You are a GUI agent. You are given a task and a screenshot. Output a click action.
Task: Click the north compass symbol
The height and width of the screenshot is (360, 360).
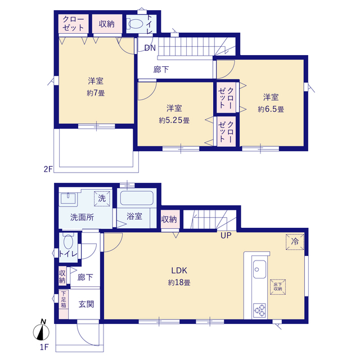tap(41, 330)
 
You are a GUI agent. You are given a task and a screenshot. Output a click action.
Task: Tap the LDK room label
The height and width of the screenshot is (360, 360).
tap(179, 271)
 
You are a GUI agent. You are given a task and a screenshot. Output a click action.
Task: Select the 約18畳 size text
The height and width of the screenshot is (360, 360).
tap(179, 282)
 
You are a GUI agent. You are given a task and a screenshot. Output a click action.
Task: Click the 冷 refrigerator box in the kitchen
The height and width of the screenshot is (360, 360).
tap(295, 242)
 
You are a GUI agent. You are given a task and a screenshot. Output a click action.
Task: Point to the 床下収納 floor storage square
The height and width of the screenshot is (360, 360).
tap(278, 287)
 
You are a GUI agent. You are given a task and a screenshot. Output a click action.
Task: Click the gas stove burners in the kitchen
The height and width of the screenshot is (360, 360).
tap(260, 310)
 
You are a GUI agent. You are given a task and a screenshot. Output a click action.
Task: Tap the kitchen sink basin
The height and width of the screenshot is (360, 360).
tap(260, 269)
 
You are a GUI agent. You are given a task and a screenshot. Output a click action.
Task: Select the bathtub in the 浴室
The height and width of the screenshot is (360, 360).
tap(137, 198)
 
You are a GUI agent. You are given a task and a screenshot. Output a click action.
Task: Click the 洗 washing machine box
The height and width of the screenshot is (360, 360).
tap(102, 199)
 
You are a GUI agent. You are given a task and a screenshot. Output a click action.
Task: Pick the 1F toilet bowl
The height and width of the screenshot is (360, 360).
tap(68, 242)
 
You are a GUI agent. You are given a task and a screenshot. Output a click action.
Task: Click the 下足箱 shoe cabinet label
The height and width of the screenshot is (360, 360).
tap(64, 299)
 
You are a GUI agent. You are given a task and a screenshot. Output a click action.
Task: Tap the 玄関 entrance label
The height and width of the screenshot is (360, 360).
tap(86, 304)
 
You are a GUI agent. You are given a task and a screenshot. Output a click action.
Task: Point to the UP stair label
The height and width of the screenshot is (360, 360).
tap(226, 235)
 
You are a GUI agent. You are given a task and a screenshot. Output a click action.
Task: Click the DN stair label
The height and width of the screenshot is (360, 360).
tap(150, 48)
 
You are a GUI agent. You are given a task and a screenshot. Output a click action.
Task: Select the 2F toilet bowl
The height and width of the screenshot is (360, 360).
tap(135, 24)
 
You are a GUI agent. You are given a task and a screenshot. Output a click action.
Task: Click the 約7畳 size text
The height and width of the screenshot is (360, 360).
tap(96, 93)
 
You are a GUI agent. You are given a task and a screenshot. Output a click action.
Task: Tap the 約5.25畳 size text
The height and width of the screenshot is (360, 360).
tap(174, 120)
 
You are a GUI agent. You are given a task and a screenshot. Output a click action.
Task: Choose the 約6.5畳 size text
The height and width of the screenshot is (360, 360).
tap(271, 109)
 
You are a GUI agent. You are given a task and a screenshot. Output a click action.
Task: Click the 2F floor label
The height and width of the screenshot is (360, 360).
tap(48, 169)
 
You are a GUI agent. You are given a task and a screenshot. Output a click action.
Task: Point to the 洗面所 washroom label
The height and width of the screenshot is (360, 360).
tap(82, 217)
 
